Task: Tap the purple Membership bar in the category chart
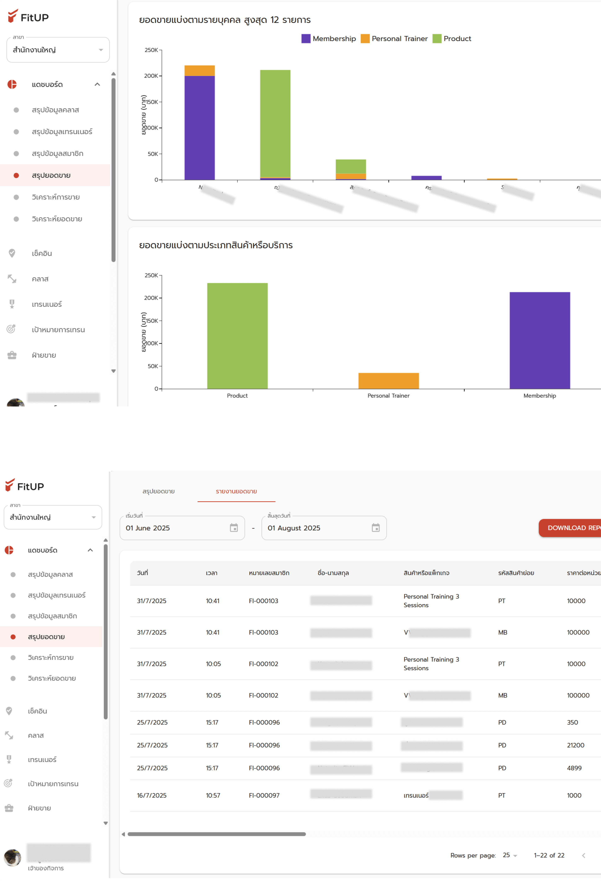(540, 340)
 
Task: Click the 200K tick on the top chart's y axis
(151, 76)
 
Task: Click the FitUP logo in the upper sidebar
(28, 17)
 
